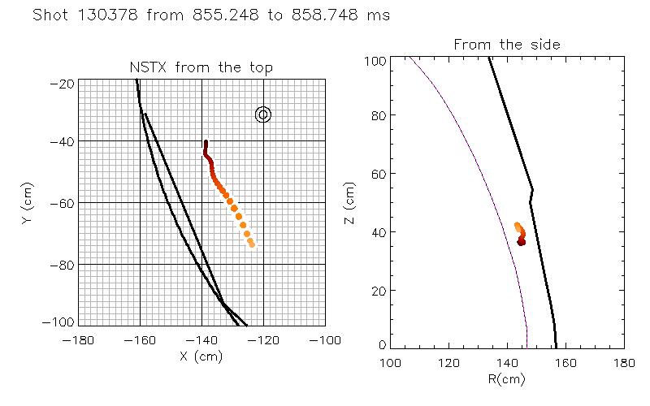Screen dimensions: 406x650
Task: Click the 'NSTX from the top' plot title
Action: (201, 67)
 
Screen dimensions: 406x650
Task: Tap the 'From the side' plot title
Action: (507, 45)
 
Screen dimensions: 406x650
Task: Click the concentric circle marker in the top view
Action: (262, 114)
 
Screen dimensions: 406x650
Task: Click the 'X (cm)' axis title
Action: (201, 355)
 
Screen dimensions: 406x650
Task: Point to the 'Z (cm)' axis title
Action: (350, 203)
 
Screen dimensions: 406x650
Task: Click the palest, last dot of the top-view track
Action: (252, 244)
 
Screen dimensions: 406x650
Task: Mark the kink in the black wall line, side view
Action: (532, 191)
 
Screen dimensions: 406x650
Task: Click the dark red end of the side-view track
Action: (522, 242)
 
